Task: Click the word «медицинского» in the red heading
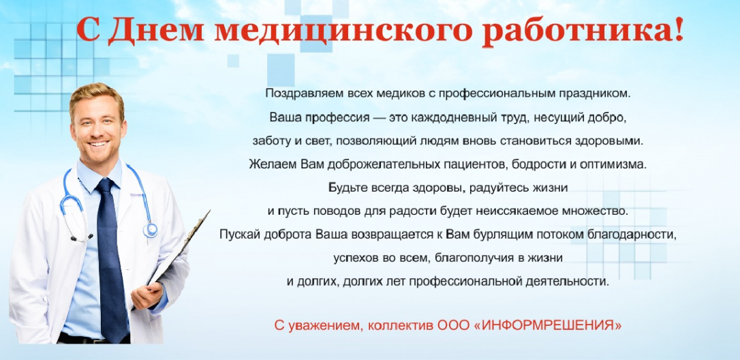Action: tap(343, 30)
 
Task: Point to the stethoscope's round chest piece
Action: tap(151, 230)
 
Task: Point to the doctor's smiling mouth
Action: tap(99, 142)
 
